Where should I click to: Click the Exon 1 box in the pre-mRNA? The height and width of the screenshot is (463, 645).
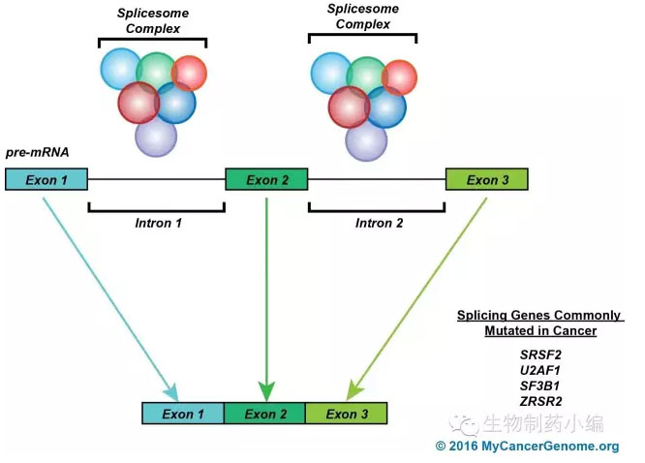46,179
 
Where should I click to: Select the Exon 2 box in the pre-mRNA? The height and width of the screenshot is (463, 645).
266,179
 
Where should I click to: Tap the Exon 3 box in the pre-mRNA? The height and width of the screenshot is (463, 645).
487,179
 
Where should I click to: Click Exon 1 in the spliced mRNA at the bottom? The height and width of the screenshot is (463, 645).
183,414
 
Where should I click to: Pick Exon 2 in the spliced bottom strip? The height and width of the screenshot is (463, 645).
265,414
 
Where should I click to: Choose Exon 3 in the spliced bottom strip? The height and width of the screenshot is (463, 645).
347,414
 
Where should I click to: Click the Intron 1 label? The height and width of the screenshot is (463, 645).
159,223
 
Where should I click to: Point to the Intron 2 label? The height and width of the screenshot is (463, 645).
379,223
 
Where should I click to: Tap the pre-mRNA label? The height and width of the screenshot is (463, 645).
38,153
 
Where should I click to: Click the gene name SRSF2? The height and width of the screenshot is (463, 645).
540,355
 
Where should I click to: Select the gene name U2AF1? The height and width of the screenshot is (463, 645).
540,370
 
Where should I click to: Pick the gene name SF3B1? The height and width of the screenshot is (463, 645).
539,386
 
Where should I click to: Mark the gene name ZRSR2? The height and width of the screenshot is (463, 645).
540,401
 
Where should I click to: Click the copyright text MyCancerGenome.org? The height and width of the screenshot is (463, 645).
550,447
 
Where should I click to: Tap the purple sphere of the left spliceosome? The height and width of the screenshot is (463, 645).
156,137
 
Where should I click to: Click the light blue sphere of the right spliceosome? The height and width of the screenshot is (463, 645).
330,74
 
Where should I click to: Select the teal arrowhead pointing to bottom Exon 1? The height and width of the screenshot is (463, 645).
172,392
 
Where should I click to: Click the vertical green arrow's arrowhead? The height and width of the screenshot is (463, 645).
266,391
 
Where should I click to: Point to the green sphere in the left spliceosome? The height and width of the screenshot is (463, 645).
156,72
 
